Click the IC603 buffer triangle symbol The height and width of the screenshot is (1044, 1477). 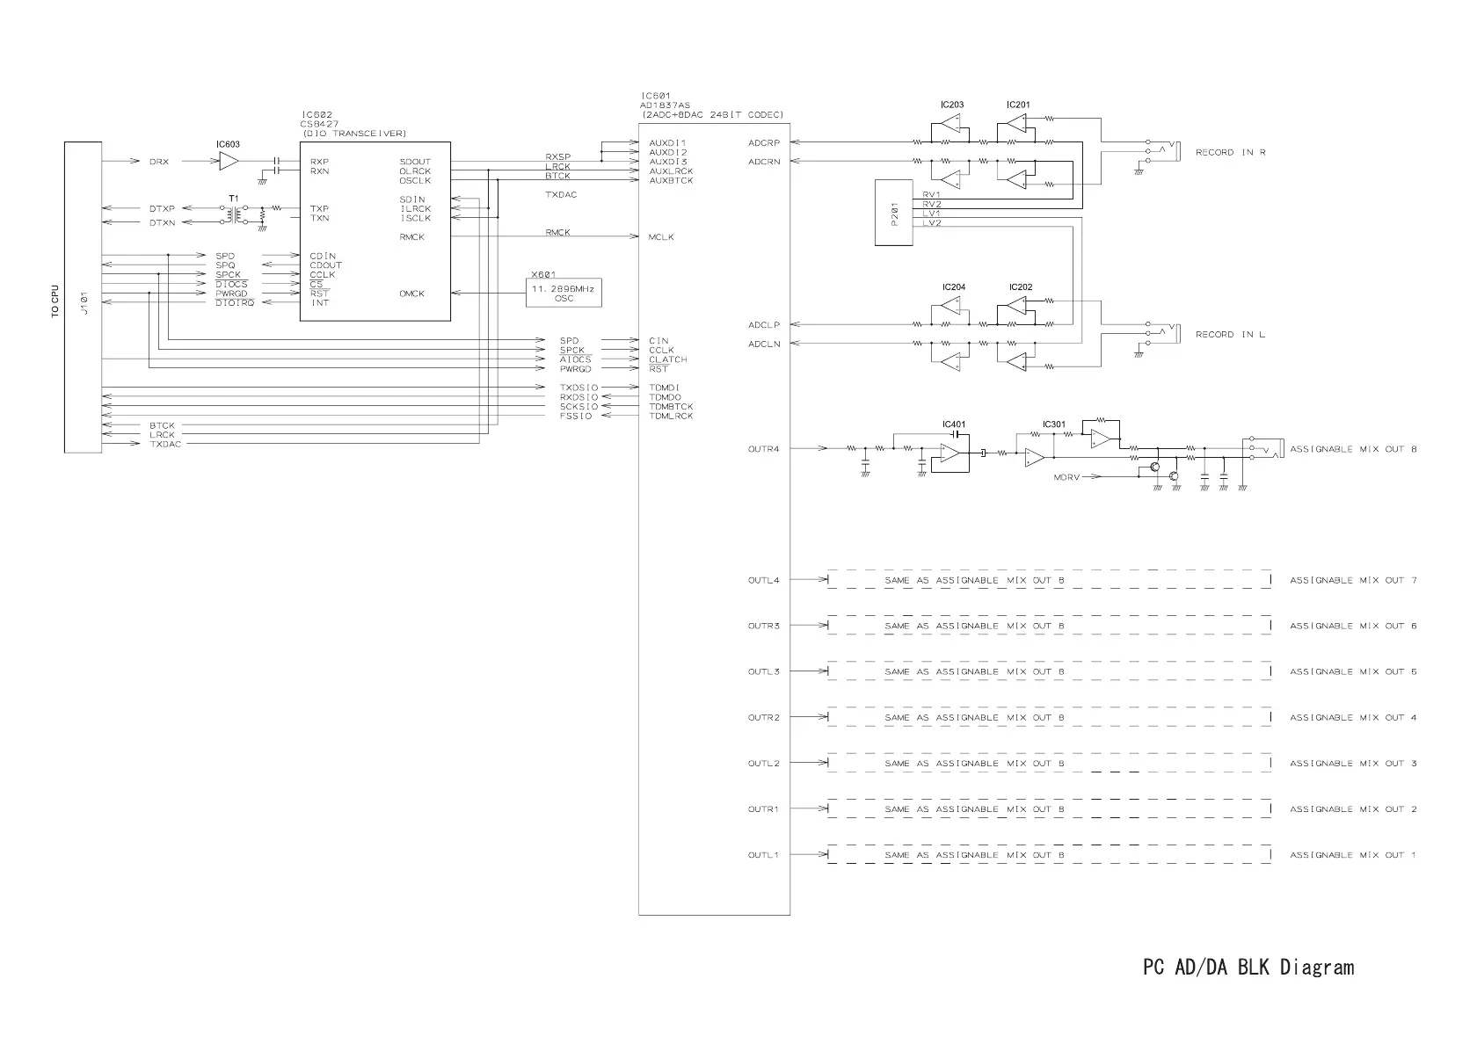(229, 161)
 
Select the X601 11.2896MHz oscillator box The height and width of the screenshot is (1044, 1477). (564, 293)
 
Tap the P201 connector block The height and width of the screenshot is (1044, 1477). (894, 213)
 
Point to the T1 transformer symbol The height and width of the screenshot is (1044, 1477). (233, 213)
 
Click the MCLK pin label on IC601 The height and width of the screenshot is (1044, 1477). (661, 237)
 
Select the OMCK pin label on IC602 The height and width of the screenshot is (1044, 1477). (411, 294)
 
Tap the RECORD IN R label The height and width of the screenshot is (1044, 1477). (1230, 153)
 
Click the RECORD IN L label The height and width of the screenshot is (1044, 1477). (1230, 335)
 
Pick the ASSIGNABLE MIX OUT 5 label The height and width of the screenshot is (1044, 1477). (1353, 672)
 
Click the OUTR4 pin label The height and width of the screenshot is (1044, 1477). (763, 450)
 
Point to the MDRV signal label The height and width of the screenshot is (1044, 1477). (1066, 478)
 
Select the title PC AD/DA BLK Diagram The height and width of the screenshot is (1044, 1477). (1248, 968)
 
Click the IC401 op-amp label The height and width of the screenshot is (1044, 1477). (954, 424)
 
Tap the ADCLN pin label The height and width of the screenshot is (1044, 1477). (764, 344)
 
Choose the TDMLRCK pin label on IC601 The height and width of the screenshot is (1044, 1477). (672, 417)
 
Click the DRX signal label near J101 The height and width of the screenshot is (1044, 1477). (159, 162)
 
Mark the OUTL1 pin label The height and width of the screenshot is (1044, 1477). (763, 856)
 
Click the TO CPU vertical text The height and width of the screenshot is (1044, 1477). (55, 301)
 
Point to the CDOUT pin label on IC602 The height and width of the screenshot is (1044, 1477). (326, 265)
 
